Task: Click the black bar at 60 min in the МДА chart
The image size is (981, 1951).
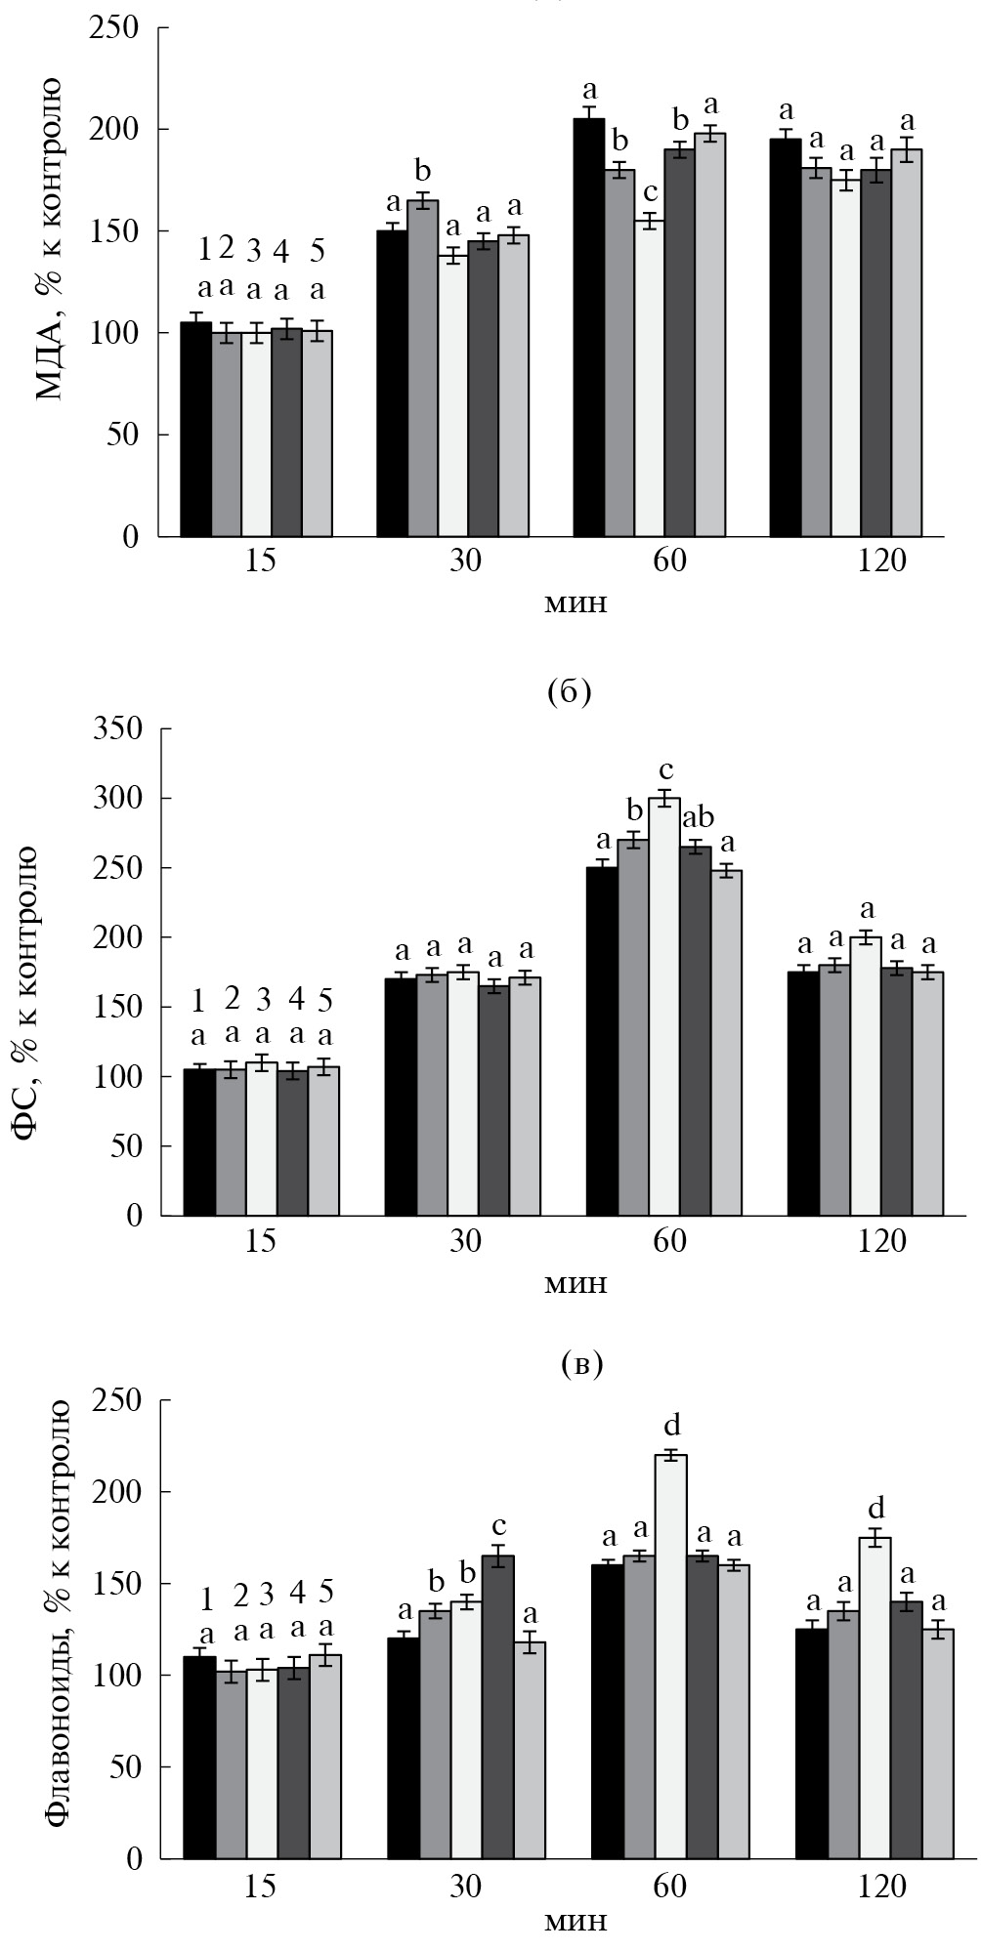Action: point(588,327)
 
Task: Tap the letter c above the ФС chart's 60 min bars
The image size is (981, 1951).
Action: point(666,771)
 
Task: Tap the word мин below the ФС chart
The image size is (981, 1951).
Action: point(575,1282)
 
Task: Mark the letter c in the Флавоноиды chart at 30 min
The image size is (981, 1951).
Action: point(499,1525)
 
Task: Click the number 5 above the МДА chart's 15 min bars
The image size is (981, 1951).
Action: point(318,251)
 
